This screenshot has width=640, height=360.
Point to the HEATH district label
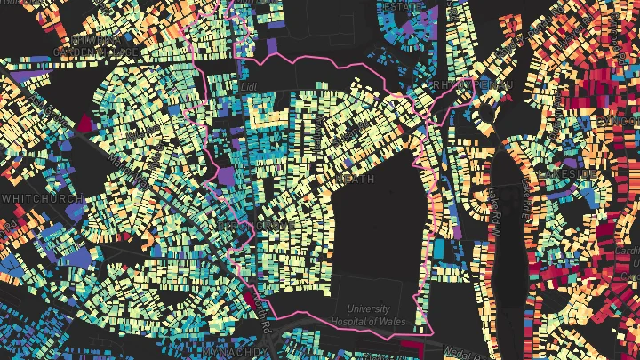356,179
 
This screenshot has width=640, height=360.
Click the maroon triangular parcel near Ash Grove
86,123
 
